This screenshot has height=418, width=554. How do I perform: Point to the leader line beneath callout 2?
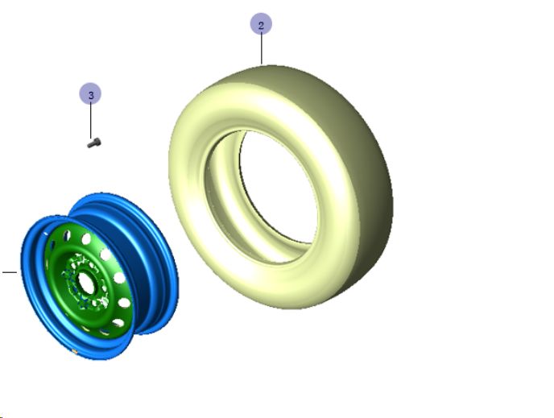(x=262, y=49)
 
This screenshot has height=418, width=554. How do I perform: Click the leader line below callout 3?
(x=91, y=121)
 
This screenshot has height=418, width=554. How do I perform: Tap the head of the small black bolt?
(x=97, y=142)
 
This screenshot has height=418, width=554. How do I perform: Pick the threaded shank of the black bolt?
(x=90, y=145)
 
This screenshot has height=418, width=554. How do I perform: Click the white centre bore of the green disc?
(x=86, y=283)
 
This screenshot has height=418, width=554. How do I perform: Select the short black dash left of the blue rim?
(x=10, y=272)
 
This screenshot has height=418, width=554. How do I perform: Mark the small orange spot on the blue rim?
(x=75, y=351)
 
